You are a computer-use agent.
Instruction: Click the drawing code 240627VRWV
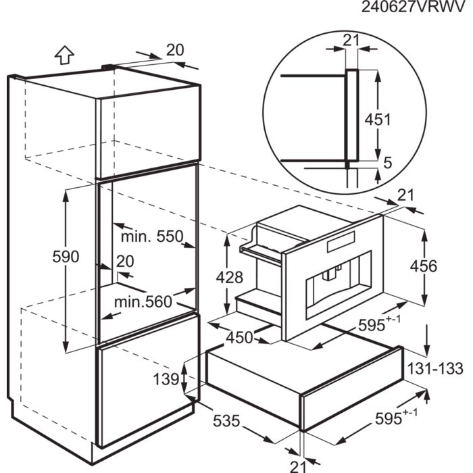[x=413, y=7]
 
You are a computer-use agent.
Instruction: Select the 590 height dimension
[x=66, y=257]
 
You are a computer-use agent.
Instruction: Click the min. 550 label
[x=152, y=236]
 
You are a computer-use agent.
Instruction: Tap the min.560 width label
[x=143, y=301]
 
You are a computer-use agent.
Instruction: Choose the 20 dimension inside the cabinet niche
[x=124, y=262]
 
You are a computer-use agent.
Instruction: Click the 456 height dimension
[x=422, y=267]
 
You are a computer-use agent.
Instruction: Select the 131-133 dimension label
[x=436, y=369]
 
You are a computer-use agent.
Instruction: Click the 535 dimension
[x=226, y=421]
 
